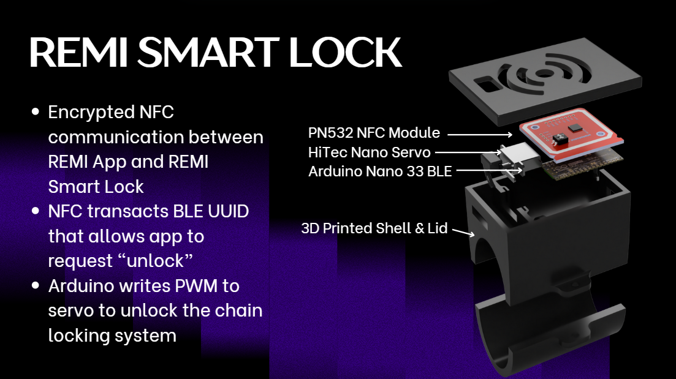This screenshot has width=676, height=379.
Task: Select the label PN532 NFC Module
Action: pos(374,133)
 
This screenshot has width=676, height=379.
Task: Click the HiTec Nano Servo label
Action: pos(370,152)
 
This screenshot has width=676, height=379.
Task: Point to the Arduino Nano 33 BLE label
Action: pos(380,171)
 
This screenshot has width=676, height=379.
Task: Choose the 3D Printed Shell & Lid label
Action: pos(374,228)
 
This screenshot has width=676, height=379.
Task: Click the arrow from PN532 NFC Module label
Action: pos(480,135)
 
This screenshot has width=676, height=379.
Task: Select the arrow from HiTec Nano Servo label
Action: pos(468,152)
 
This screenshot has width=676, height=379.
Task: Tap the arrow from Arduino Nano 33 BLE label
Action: pos(490,171)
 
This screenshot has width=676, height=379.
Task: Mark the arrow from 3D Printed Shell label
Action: pos(463,232)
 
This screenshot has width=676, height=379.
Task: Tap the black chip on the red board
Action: pos(575,128)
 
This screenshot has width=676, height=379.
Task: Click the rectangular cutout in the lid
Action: pos(488,83)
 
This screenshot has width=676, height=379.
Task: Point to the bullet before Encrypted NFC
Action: pos(36,111)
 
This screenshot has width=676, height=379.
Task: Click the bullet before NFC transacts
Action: pos(36,211)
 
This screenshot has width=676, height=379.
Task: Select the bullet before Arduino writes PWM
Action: pos(36,285)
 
